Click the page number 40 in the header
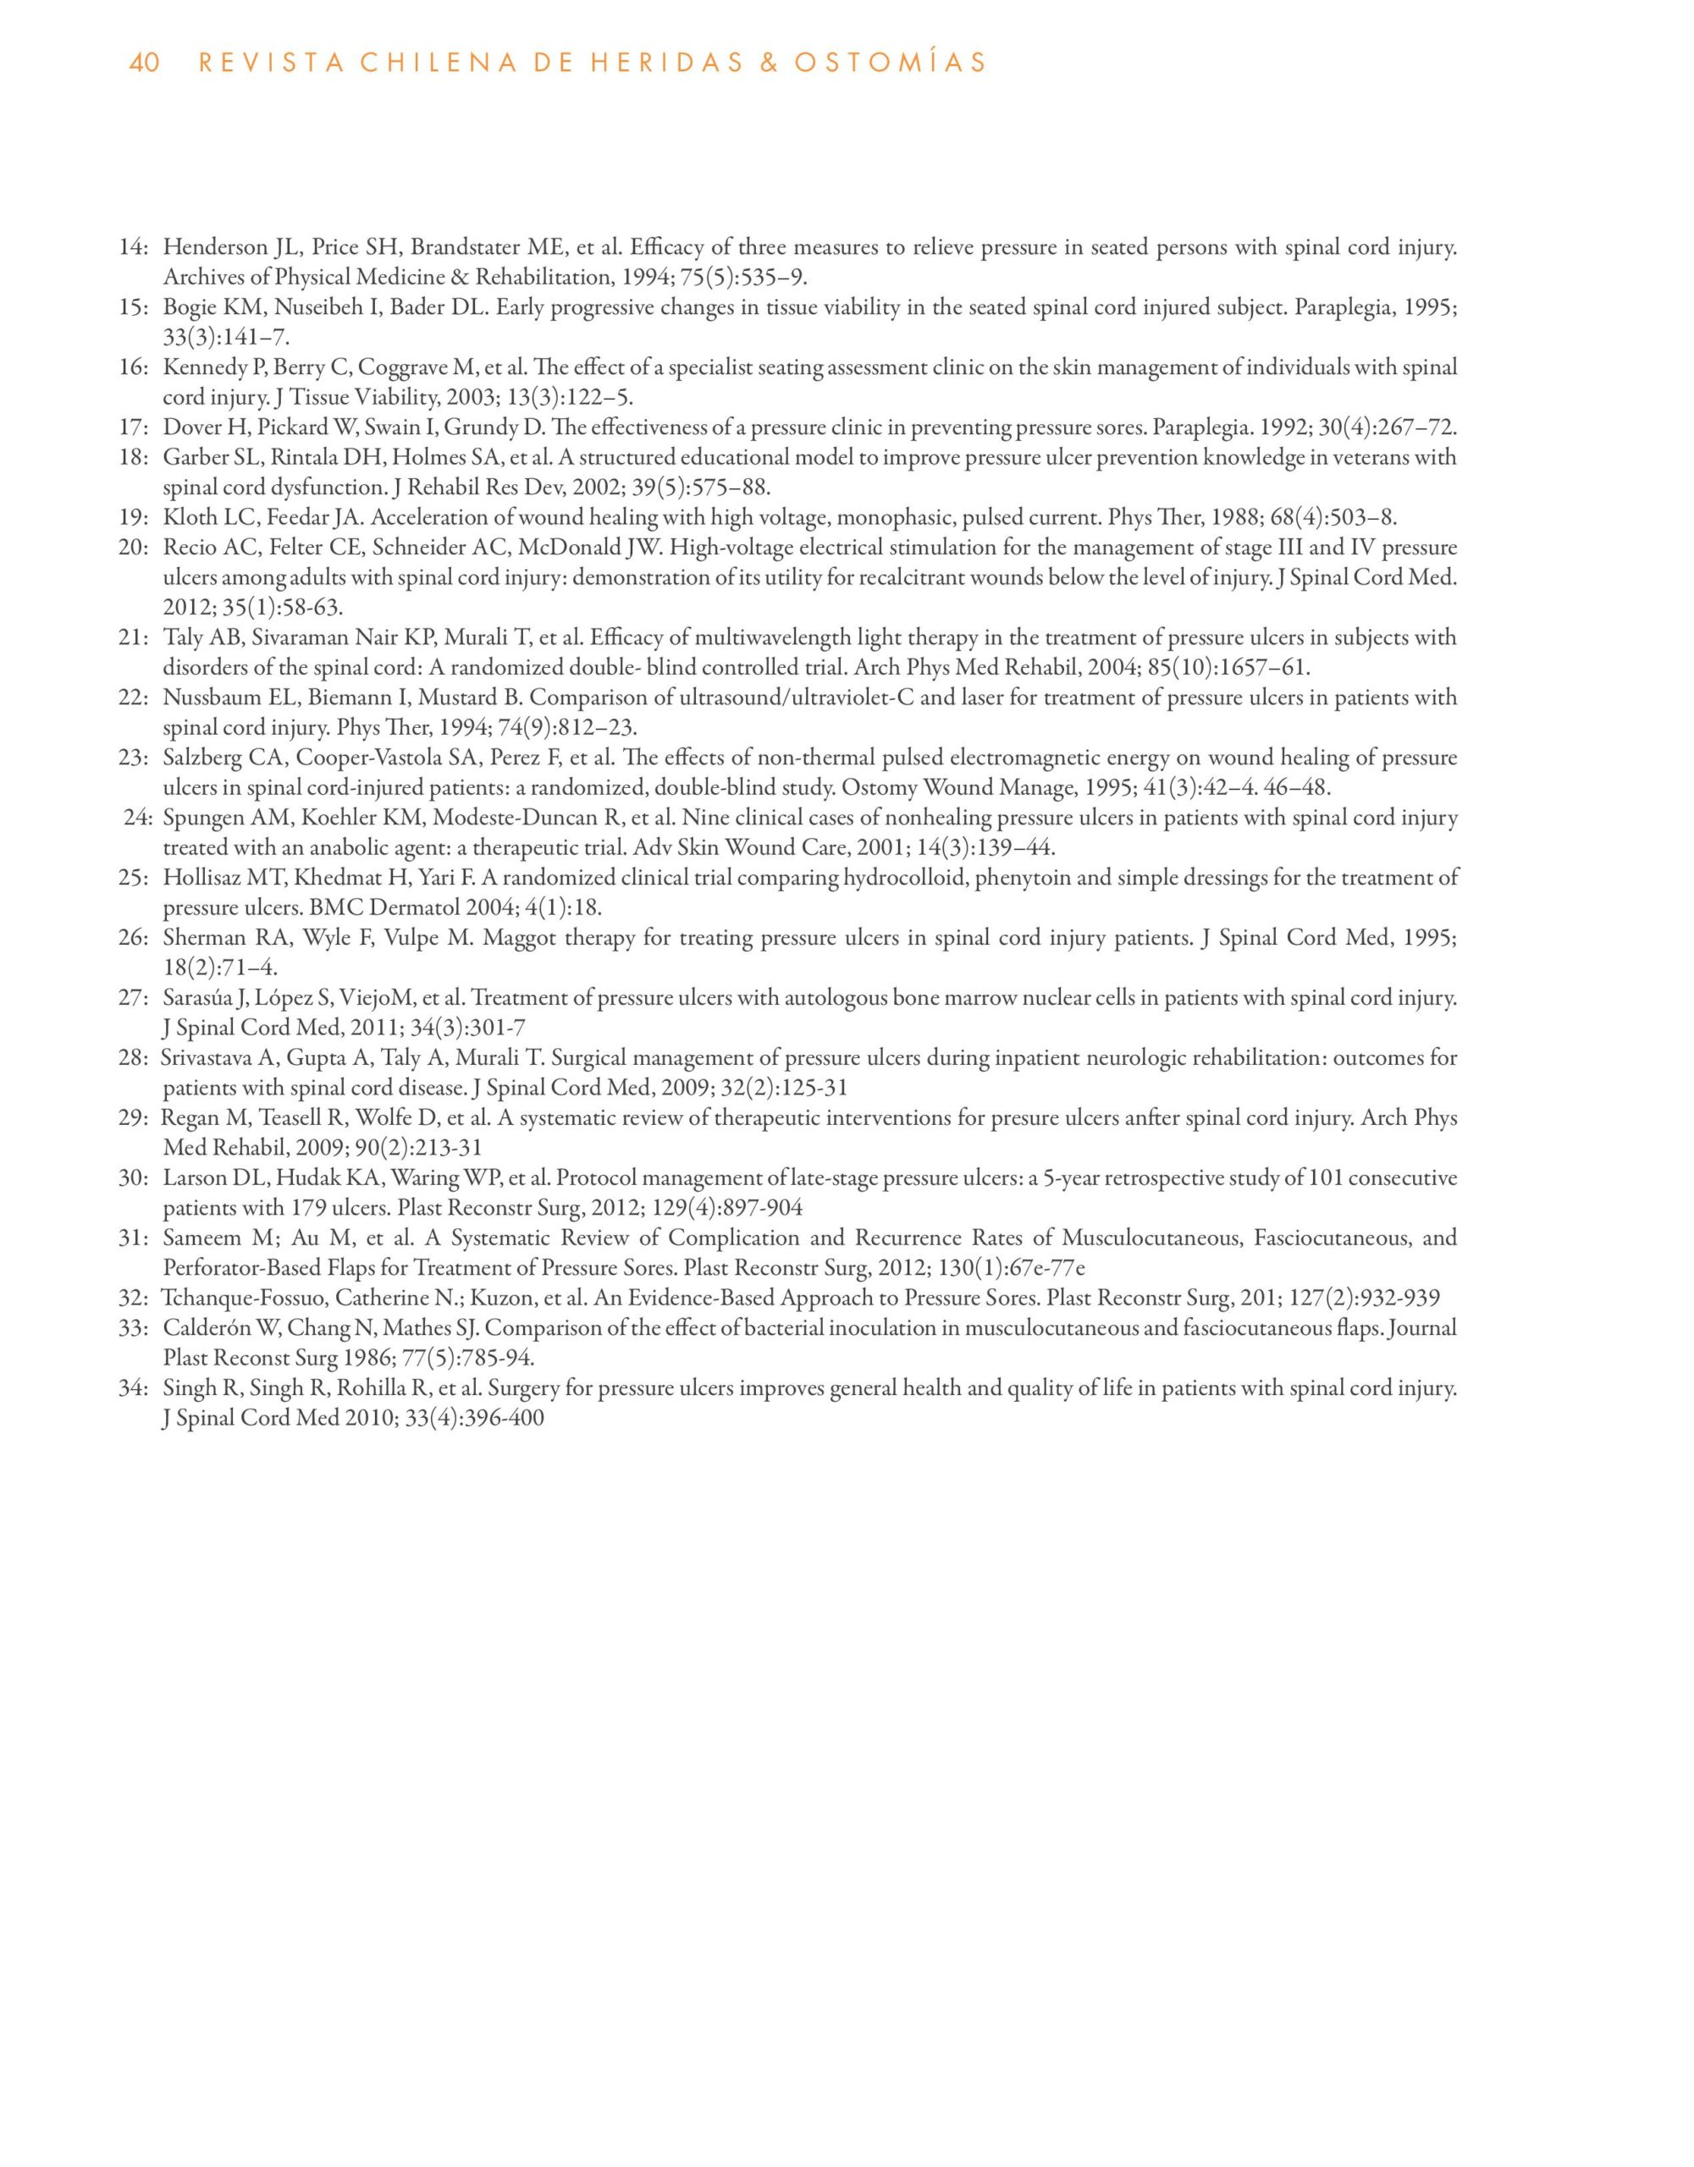pyautogui.click(x=144, y=63)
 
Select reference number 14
pyautogui.click(x=133, y=248)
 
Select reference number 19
pyautogui.click(x=133, y=518)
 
